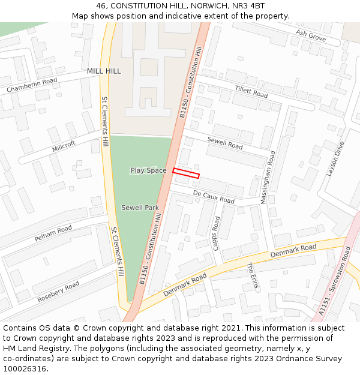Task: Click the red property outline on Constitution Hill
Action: coord(186,173)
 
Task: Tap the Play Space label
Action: coord(148,171)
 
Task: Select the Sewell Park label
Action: coord(140,208)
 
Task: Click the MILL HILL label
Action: coord(104,71)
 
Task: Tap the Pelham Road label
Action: coord(53,233)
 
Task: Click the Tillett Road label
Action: coord(251,91)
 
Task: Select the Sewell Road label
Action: coord(225,143)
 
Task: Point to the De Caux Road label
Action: coord(214,196)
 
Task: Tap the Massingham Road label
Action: coord(267,178)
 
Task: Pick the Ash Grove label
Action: coord(310,37)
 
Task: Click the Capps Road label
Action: coord(217,233)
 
